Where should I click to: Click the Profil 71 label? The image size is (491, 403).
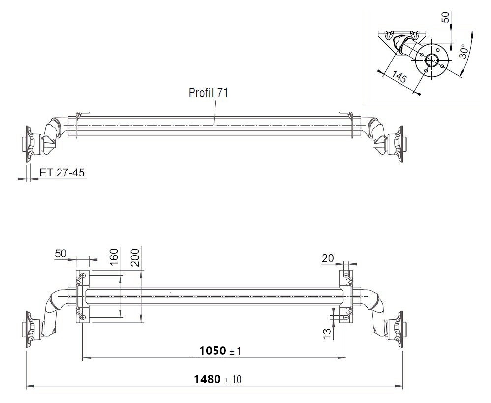click(208, 93)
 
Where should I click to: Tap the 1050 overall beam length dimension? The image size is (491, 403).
click(213, 351)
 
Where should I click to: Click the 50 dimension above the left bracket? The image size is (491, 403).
click(60, 253)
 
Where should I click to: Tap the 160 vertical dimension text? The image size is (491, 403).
click(114, 257)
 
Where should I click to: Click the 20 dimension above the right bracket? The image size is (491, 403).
click(328, 258)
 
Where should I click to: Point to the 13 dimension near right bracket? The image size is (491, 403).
click(327, 334)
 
